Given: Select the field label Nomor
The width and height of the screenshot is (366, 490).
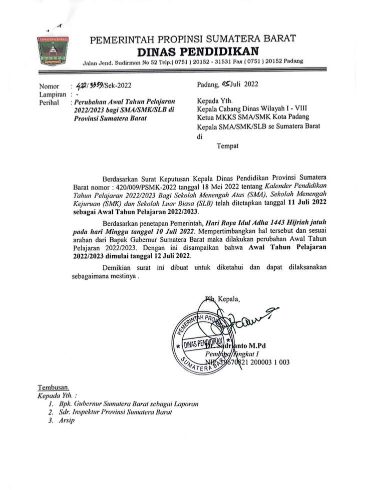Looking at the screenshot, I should point(49,86).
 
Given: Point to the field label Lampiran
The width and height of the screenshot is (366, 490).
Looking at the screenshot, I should point(52,94).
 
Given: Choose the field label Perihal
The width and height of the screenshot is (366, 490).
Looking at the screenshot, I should point(50,102).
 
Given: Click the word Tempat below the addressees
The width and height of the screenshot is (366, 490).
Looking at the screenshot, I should point(227,146).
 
